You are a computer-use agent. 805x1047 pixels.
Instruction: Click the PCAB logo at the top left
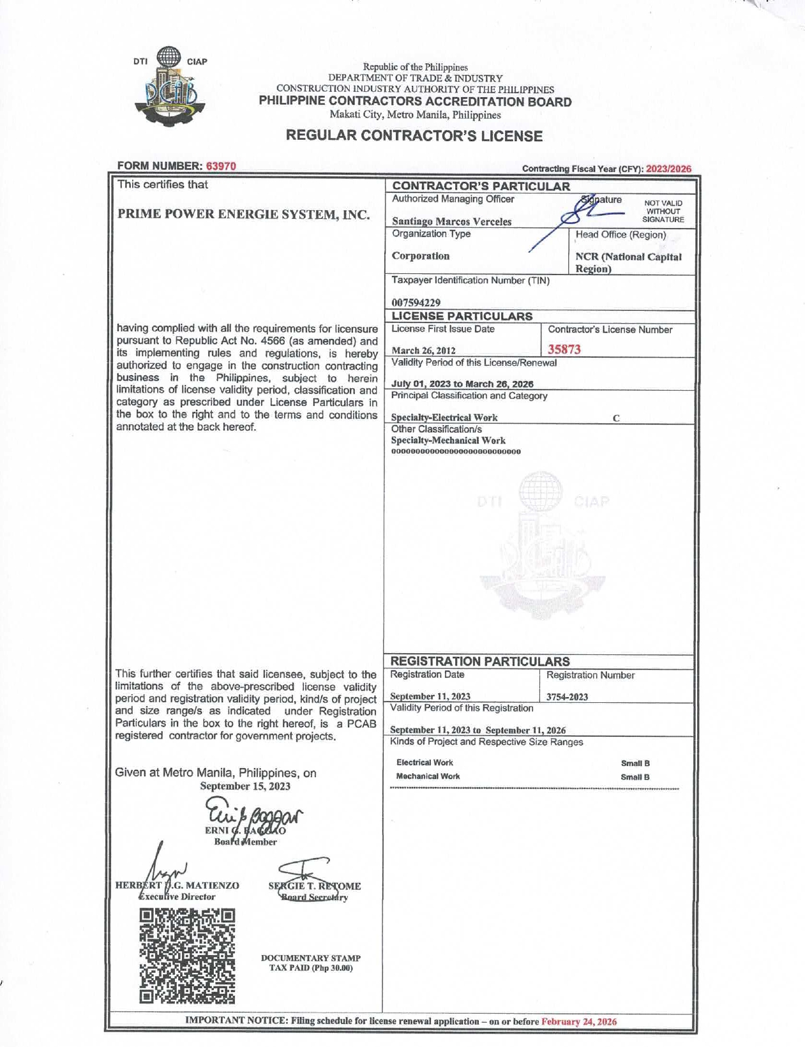(170, 87)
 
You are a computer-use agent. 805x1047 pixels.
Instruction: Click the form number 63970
(221, 166)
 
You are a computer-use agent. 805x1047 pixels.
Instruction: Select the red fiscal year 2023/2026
(668, 169)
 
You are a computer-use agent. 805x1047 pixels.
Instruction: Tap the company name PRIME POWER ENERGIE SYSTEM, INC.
(243, 214)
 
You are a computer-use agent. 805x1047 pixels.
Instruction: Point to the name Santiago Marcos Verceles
(451, 222)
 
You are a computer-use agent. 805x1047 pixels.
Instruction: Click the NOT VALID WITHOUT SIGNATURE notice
(663, 211)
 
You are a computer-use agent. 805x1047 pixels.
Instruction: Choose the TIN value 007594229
(416, 302)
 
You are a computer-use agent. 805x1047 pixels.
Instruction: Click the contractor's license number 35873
(564, 349)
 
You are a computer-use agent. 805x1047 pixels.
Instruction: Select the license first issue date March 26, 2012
(423, 350)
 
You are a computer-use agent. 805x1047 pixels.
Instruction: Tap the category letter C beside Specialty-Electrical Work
(616, 419)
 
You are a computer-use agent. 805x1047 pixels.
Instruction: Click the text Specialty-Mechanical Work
(448, 441)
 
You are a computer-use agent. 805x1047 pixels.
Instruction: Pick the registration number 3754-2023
(567, 697)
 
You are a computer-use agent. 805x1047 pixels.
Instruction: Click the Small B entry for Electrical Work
(635, 764)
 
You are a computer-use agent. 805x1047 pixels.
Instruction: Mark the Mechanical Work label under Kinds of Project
(428, 776)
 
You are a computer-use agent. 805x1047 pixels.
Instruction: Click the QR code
(187, 955)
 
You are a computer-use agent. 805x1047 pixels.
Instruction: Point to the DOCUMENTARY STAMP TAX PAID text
(311, 963)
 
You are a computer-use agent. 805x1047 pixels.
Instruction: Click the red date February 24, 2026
(579, 1021)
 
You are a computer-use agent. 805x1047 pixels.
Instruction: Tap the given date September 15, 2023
(245, 787)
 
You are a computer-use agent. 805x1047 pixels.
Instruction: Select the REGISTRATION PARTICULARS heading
(479, 661)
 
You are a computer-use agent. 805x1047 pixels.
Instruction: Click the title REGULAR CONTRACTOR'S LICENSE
(414, 136)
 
